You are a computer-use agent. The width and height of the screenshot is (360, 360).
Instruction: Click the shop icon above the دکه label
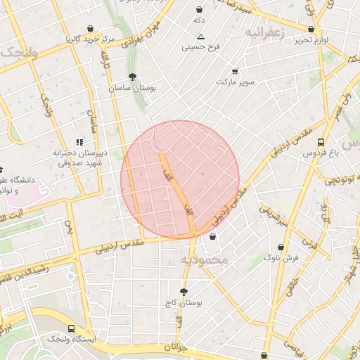pyautogui.click(x=200, y=10)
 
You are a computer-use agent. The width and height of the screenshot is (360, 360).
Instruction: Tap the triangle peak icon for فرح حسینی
pyautogui.click(x=200, y=36)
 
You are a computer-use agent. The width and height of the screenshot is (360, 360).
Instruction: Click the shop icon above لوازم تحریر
pyautogui.click(x=311, y=29)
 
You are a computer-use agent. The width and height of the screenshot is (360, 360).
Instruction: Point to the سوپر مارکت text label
pyautogui.click(x=233, y=82)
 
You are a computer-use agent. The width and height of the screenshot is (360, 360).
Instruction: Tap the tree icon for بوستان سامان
pyautogui.click(x=132, y=77)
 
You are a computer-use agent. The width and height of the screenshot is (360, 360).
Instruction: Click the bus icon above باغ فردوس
pyautogui.click(x=321, y=141)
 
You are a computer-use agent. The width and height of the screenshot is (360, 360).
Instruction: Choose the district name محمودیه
pyautogui.click(x=205, y=260)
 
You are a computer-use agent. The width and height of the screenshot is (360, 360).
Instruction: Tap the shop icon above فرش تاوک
pyautogui.click(x=281, y=247)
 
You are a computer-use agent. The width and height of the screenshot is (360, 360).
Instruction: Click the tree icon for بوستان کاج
pyautogui.click(x=184, y=291)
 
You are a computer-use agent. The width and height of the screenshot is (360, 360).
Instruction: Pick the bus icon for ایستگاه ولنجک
pyautogui.click(x=71, y=328)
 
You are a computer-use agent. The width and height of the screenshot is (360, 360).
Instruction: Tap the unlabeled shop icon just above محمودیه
pyautogui.click(x=212, y=237)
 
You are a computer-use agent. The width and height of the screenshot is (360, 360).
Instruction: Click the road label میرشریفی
pyautogui.click(x=274, y=216)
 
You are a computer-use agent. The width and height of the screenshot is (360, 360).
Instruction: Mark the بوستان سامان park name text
pyautogui.click(x=131, y=89)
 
